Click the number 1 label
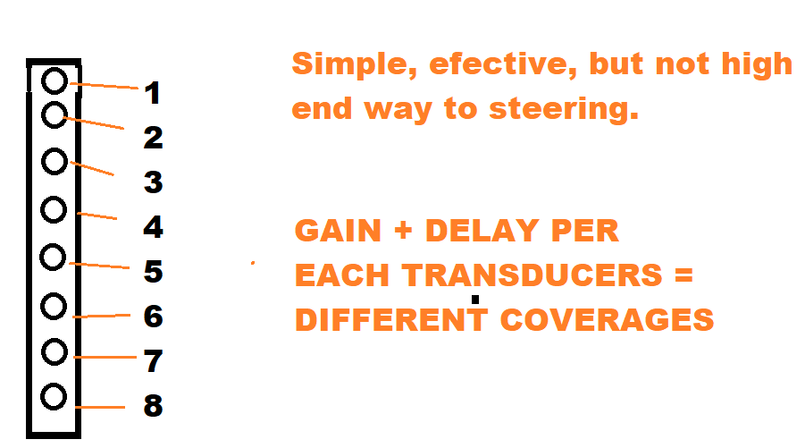(x=152, y=92)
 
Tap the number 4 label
(x=153, y=227)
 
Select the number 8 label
(x=153, y=406)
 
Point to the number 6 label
(x=153, y=316)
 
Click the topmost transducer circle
(x=55, y=81)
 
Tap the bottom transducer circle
(x=54, y=396)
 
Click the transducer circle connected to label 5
(x=54, y=258)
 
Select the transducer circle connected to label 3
(x=55, y=162)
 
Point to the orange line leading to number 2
(x=94, y=123)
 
